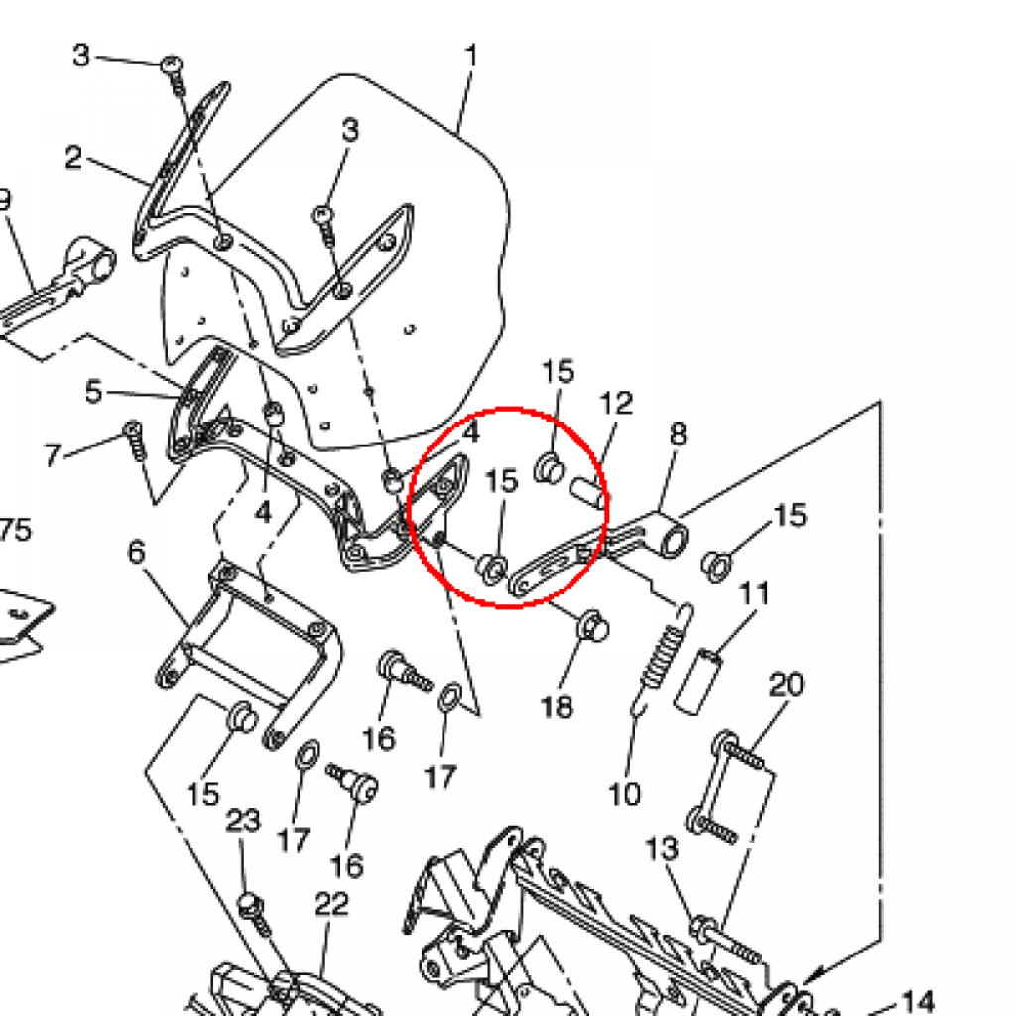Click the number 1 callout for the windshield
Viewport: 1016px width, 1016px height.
pos(471,57)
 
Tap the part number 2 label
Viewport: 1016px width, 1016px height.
pos(73,158)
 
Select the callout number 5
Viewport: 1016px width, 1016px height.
pos(94,392)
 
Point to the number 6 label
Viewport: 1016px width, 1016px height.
pos(137,552)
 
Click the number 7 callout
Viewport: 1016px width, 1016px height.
pos(54,454)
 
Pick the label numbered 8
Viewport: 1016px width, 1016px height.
pos(678,434)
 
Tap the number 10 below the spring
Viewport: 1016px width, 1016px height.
pos(625,793)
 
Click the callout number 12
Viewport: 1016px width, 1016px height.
pos(616,403)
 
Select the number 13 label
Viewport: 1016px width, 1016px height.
pos(662,849)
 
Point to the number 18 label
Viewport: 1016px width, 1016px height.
pos(558,706)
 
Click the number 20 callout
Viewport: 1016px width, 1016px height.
pos(786,685)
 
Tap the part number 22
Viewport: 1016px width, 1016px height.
pos(331,903)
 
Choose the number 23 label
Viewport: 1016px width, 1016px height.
pos(243,821)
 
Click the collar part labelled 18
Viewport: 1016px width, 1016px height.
pos(593,625)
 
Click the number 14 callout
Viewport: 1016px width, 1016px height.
pos(918,1003)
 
